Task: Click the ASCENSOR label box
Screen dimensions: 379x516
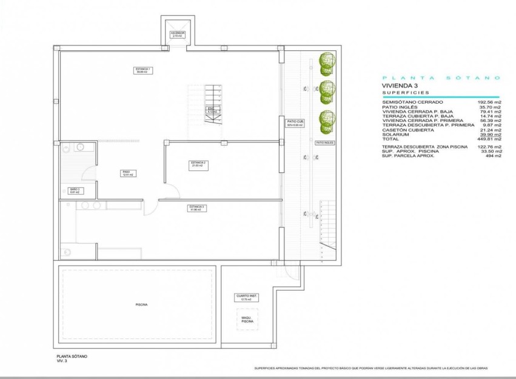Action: [x=177, y=35]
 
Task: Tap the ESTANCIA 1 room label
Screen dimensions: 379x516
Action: [x=143, y=71]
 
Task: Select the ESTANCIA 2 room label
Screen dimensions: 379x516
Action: [x=198, y=164]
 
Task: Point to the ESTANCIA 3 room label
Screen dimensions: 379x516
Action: [x=196, y=209]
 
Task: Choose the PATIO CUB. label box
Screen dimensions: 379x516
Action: [x=295, y=124]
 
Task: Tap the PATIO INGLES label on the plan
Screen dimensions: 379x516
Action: [x=325, y=143]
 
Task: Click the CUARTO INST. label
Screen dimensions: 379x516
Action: [x=246, y=297]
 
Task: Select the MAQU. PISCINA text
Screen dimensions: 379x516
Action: [x=247, y=320]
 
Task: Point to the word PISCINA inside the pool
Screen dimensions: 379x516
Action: [x=141, y=304]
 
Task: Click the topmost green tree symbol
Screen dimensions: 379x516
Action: [x=327, y=61]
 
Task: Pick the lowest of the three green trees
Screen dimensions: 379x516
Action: [x=327, y=120]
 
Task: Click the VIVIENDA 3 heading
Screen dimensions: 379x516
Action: [x=400, y=86]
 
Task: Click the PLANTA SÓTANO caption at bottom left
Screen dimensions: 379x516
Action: [x=72, y=356]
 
